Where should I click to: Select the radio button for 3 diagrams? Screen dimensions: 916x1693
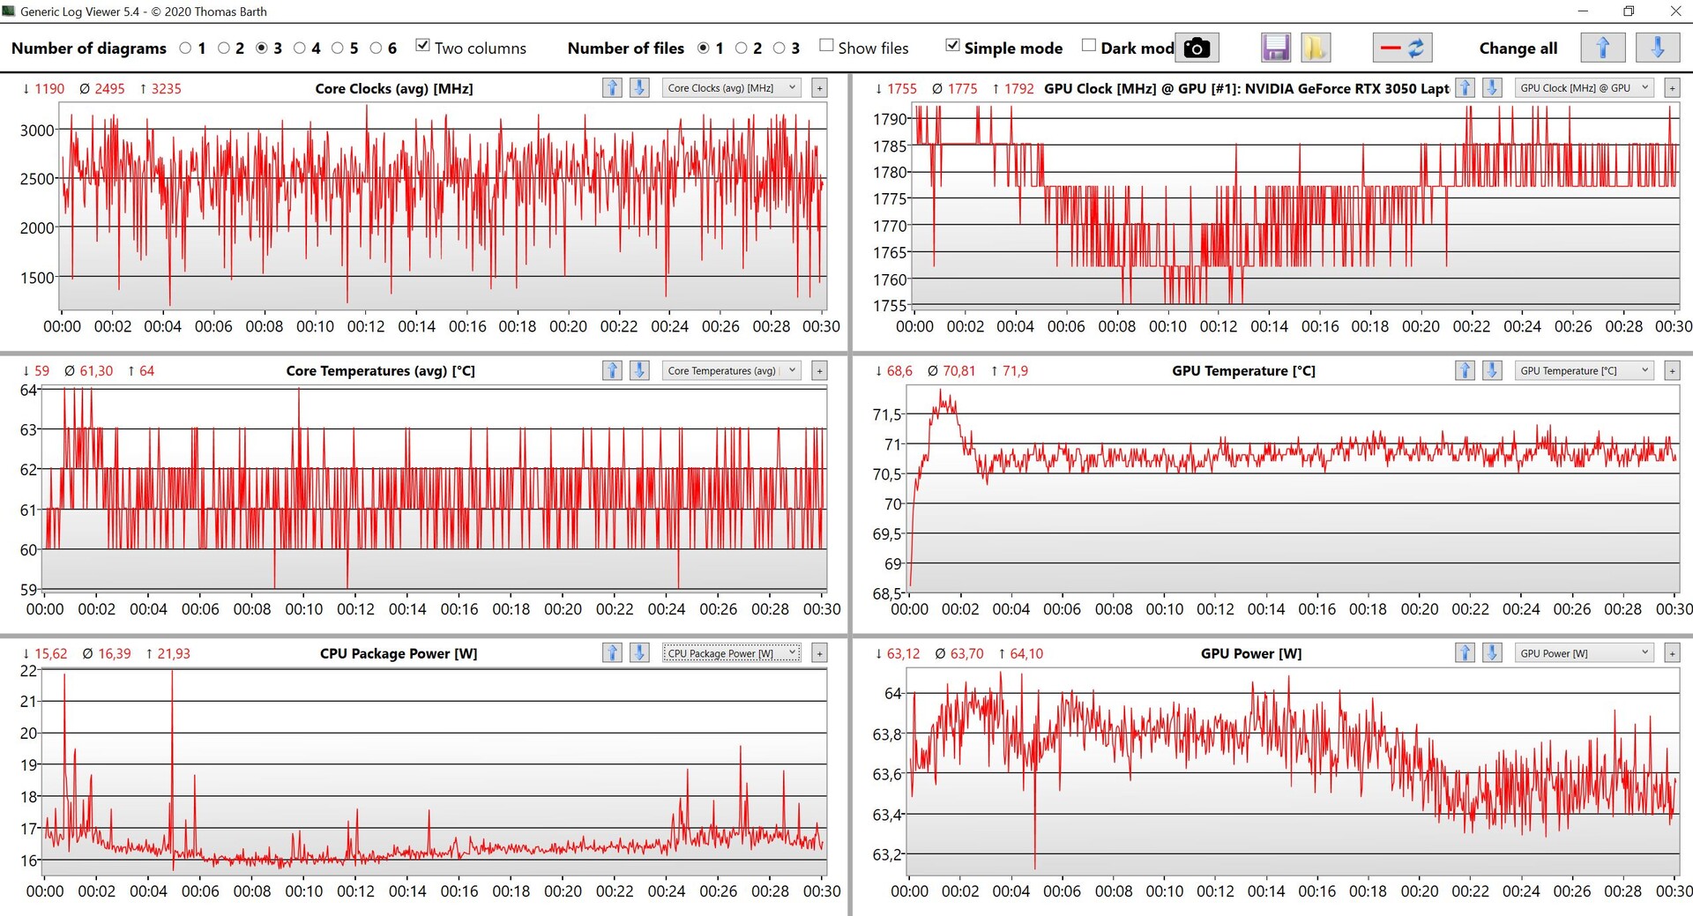point(262,48)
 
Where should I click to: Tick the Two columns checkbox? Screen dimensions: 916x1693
point(423,46)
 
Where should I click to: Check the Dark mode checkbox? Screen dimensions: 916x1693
point(1089,46)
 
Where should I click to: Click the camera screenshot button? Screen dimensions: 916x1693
point(1196,48)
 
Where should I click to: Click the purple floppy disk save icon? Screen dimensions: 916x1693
point(1275,48)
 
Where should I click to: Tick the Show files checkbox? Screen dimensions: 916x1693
point(826,46)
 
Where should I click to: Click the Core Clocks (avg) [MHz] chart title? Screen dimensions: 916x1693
point(393,88)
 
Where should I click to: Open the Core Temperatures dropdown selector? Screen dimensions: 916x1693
point(731,370)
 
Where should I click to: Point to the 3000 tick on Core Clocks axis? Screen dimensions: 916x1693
point(37,130)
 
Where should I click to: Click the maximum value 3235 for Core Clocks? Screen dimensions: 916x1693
point(166,88)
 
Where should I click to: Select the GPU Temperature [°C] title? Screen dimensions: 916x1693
point(1243,370)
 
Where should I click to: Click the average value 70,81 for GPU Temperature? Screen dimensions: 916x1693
point(958,370)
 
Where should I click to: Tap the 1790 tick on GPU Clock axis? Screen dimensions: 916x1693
point(890,119)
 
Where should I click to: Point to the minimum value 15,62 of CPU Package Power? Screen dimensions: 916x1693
point(50,653)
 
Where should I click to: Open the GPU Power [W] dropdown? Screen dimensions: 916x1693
point(1584,653)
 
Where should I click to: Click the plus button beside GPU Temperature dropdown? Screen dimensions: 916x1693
point(1672,370)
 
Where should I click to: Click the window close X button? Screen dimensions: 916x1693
point(1675,11)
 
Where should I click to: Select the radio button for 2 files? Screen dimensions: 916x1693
point(742,48)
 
